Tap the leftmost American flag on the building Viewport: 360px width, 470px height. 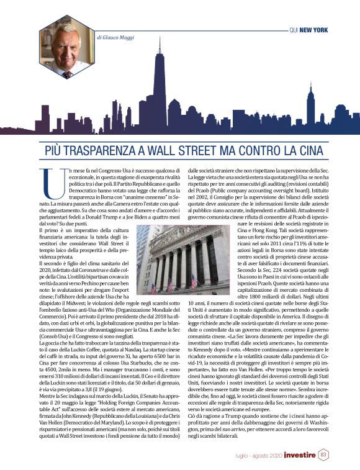(x=153, y=287)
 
